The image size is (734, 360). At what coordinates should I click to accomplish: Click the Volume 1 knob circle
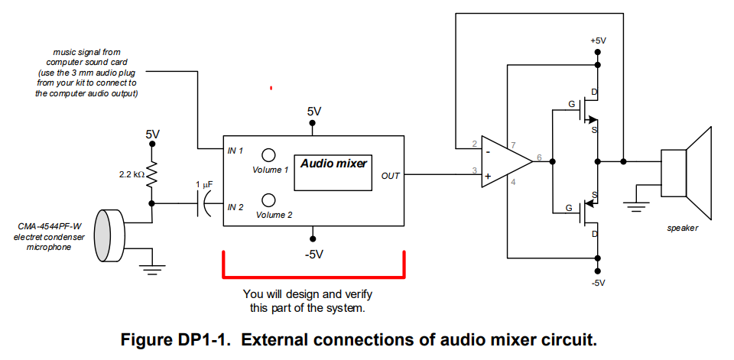(269, 154)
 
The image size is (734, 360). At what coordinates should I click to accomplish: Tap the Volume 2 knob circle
(268, 200)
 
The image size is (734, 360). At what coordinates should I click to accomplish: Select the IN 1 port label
(235, 151)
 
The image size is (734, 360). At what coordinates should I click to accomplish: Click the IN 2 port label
(235, 206)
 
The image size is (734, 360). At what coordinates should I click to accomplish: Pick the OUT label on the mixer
(390, 176)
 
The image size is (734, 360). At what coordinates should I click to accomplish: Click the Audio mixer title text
(333, 164)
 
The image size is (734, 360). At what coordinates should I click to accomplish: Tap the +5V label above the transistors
(598, 40)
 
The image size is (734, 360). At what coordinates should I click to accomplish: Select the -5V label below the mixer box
(314, 254)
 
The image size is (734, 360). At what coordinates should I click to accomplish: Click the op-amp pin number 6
(540, 157)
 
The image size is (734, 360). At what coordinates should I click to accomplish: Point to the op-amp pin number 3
(474, 170)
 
